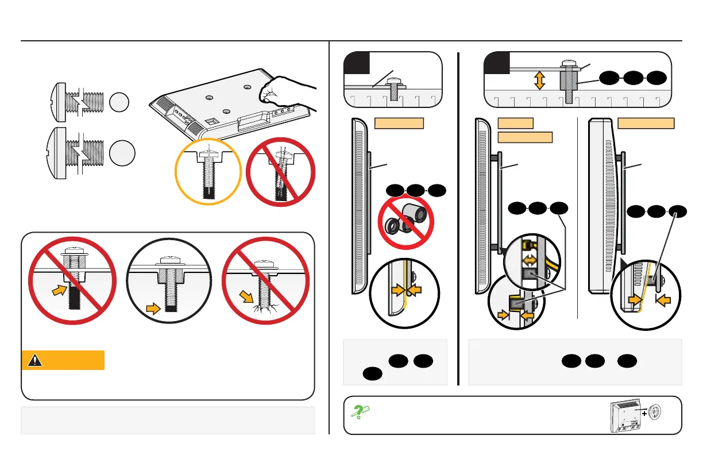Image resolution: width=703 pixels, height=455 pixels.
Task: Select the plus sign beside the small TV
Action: [645, 412]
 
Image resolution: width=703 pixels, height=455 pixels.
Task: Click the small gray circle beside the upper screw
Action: [120, 102]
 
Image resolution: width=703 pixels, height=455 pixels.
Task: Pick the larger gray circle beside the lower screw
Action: [123, 155]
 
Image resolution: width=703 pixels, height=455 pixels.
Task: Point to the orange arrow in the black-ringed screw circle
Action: [153, 309]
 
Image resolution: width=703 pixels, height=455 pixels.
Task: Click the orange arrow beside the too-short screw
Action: [60, 291]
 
